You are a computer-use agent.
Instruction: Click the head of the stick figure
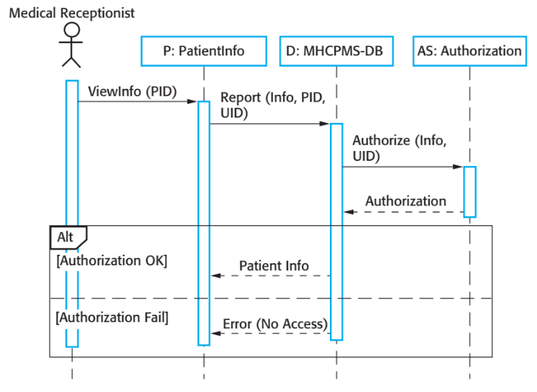point(71,30)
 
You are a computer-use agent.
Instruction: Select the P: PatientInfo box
point(203,52)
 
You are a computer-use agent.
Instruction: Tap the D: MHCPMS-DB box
point(336,52)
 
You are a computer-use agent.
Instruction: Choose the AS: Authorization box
point(469,52)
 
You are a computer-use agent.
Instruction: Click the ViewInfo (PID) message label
point(132,92)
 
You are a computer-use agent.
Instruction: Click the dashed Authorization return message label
point(406,202)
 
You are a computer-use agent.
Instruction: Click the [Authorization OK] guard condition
point(111,261)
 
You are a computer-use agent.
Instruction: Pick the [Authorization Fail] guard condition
point(112,317)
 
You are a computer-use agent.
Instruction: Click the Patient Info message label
point(274,266)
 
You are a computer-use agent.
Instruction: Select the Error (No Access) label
point(275,325)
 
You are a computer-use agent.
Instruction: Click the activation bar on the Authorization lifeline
point(469,191)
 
